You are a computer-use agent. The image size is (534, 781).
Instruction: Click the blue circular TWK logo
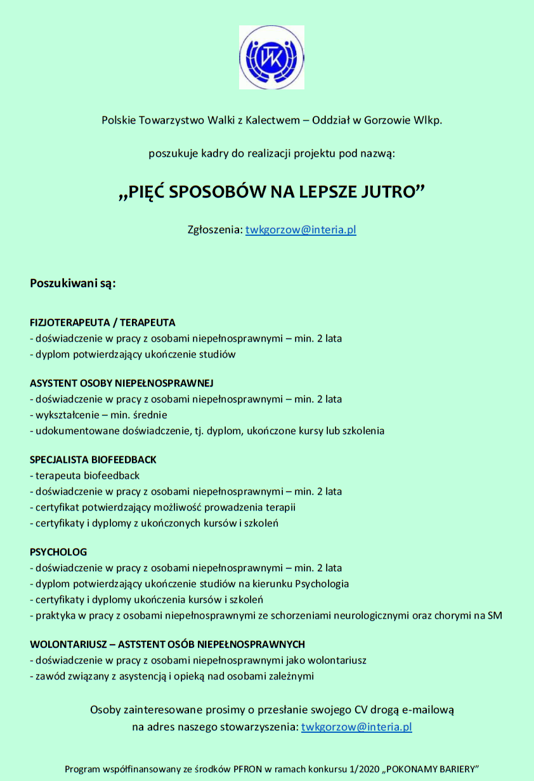(271, 57)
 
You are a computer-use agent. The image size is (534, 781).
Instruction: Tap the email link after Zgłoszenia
(301, 230)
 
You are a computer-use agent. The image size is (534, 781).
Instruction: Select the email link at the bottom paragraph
(356, 727)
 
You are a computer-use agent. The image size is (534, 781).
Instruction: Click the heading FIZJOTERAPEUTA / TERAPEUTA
(103, 322)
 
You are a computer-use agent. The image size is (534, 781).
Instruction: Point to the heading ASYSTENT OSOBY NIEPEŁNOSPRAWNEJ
(122, 383)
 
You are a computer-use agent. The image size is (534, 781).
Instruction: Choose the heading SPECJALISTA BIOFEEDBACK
(93, 460)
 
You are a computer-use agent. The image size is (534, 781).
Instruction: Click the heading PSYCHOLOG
(58, 552)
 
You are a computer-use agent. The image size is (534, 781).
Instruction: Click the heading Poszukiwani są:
(73, 283)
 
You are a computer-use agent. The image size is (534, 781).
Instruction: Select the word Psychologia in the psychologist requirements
(318, 584)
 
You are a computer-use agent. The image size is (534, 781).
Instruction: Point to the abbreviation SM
(495, 616)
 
